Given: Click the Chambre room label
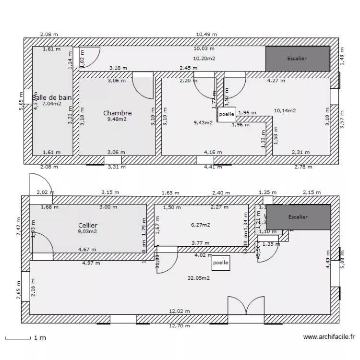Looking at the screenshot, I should click(117, 113).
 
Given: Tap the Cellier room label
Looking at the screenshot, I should click(87, 225).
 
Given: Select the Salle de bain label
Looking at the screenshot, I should click(52, 97).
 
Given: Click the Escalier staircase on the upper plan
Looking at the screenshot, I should click(298, 59).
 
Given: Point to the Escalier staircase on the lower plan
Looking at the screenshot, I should click(299, 216).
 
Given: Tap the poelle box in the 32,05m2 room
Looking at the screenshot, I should click(220, 263).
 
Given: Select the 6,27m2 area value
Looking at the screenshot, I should click(201, 224).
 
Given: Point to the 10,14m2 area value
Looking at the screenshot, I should click(285, 110).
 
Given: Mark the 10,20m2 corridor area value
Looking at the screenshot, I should click(204, 59).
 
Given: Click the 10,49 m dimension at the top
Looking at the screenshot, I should click(206, 35).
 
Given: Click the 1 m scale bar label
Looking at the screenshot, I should click(39, 338).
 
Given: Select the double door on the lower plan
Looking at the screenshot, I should click(239, 307).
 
